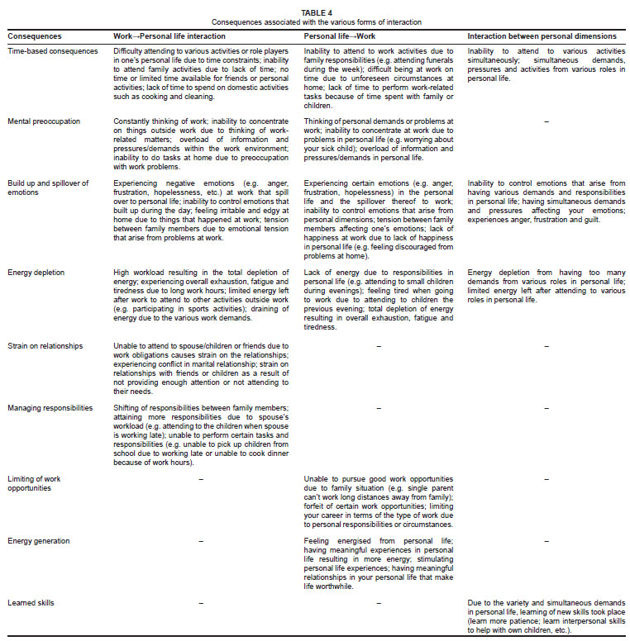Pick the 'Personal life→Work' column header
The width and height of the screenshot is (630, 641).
coord(337,37)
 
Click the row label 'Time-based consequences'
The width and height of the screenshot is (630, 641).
coord(48,51)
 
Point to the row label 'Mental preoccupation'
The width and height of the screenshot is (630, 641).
coord(44,121)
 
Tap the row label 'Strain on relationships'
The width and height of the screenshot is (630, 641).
coord(46,345)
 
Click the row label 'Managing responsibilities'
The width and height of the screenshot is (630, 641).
coord(50,408)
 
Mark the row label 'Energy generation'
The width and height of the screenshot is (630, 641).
coord(39,541)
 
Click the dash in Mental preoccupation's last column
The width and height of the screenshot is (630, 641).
coord(546,121)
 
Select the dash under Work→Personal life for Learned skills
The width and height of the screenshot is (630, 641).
coord(201,603)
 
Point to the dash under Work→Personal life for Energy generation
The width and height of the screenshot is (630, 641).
coord(201,541)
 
